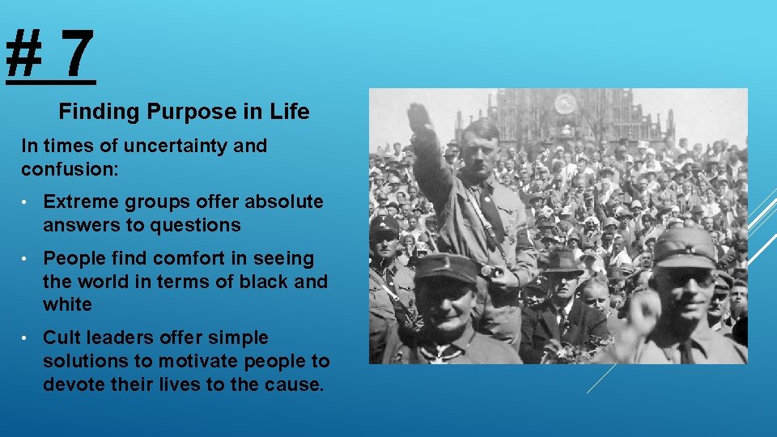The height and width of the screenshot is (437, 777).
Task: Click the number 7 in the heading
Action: (x=76, y=53)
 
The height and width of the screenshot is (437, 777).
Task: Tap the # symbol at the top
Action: (x=25, y=53)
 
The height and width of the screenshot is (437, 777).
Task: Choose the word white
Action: (x=67, y=305)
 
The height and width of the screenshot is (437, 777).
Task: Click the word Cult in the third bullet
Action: (x=62, y=337)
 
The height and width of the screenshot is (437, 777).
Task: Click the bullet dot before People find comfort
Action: (x=28, y=259)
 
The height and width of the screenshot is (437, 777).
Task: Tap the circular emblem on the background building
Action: (x=566, y=103)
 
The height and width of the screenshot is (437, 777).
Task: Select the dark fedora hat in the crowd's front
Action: (x=563, y=262)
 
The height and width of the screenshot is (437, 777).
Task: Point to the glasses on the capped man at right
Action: (x=688, y=278)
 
